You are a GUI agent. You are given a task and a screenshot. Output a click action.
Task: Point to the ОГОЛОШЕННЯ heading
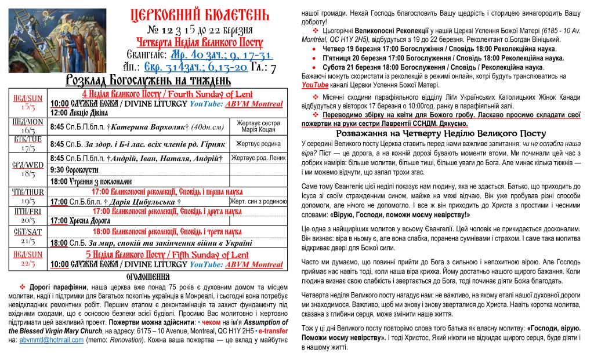(147, 276)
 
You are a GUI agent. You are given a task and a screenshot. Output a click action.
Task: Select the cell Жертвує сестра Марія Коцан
(259, 126)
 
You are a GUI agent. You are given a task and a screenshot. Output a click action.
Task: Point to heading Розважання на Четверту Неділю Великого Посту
(441, 133)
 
